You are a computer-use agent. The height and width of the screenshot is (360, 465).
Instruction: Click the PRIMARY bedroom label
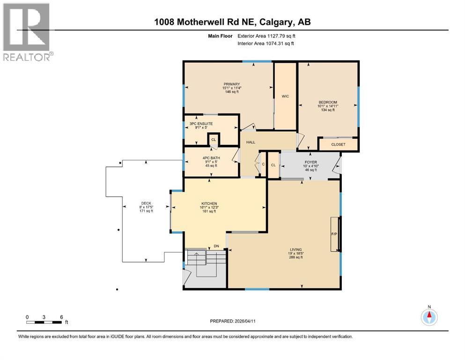coord(231,84)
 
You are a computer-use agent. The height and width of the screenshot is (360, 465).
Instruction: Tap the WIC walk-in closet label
coord(285,96)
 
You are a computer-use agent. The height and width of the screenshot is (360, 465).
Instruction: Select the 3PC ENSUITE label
coord(201,124)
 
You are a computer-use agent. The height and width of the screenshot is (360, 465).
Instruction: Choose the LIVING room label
coord(295,249)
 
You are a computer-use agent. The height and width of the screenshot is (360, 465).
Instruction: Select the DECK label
coord(146,203)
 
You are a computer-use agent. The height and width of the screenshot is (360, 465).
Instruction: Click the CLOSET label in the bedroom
coord(338,144)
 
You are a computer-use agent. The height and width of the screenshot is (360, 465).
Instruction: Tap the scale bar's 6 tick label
coord(61,316)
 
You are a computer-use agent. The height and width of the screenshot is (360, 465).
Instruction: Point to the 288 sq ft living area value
coord(295,257)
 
